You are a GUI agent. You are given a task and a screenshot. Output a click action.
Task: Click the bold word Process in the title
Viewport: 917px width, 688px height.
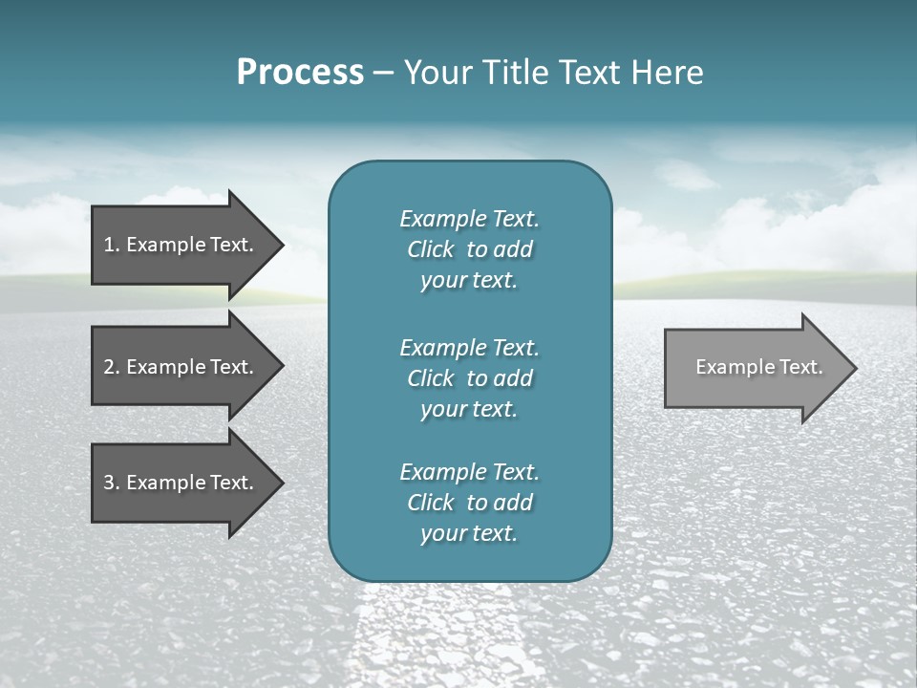point(300,73)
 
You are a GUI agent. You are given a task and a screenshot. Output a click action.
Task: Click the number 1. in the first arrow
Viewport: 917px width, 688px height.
point(111,245)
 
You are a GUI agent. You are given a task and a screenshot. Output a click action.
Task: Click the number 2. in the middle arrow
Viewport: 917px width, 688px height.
point(111,367)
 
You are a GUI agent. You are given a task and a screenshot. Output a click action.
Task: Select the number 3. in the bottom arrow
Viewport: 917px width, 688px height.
point(111,483)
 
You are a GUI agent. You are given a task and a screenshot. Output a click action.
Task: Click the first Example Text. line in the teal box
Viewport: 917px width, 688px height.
point(469,219)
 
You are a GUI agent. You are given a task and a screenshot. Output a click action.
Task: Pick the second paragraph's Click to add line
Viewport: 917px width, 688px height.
point(469,378)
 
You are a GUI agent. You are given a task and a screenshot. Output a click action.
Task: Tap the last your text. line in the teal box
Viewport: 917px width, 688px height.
point(469,534)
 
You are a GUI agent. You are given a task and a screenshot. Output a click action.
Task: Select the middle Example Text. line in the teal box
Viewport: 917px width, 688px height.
point(469,347)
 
